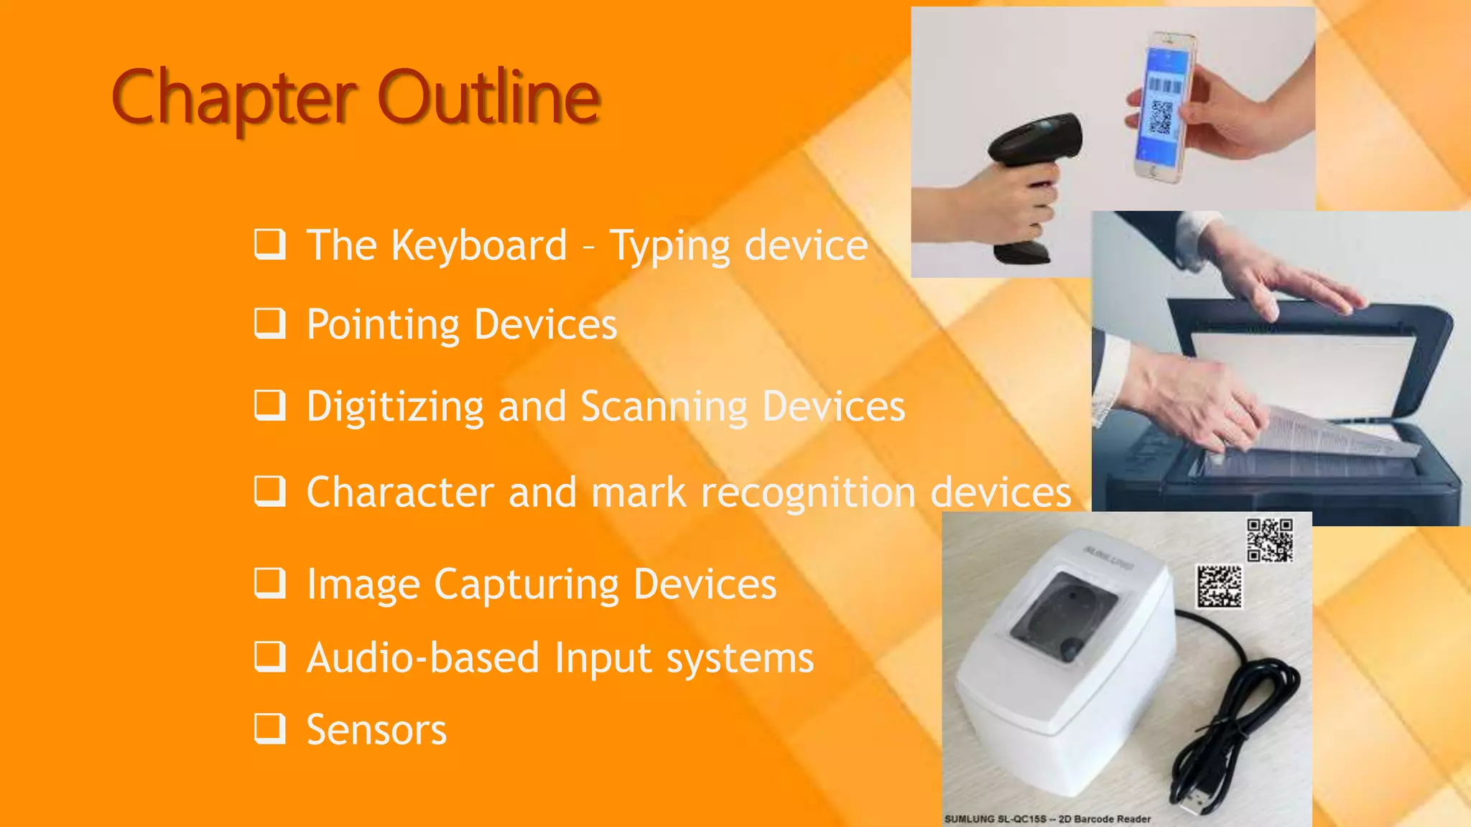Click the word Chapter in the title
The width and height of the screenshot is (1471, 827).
point(234,97)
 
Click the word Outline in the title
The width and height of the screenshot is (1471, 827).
point(488,97)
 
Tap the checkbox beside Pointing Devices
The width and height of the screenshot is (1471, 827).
point(270,324)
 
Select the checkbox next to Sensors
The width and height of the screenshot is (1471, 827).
point(270,729)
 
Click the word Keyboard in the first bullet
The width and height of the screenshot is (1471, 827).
point(479,246)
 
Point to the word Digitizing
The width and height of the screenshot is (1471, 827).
point(395,407)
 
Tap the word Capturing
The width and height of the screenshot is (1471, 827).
point(526,584)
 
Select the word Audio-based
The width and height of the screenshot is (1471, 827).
point(422,658)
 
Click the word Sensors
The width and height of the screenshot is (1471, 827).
point(376,730)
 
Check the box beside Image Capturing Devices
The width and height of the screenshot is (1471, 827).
point(270,583)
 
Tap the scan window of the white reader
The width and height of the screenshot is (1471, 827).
point(1063,614)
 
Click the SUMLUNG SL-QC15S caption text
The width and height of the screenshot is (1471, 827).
point(1047,819)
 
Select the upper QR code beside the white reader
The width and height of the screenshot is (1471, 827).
point(1269,540)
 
